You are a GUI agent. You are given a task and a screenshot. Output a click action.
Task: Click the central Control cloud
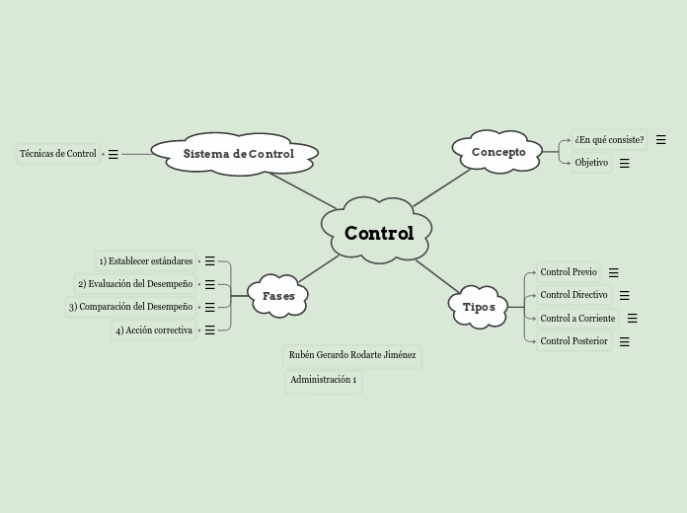click(x=378, y=234)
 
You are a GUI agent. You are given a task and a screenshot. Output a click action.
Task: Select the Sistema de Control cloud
click(x=238, y=154)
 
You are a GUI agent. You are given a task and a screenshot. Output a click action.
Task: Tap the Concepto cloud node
click(x=498, y=152)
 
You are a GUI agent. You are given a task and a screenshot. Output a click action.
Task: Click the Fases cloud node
click(x=278, y=296)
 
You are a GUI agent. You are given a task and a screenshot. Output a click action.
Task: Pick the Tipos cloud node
click(x=479, y=307)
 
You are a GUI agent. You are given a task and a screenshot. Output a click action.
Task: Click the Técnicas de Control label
click(x=58, y=154)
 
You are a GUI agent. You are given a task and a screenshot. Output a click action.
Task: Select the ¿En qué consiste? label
click(x=609, y=140)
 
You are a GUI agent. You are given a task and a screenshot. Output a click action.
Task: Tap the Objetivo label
click(x=591, y=163)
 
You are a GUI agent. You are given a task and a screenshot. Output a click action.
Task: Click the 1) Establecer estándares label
click(x=145, y=261)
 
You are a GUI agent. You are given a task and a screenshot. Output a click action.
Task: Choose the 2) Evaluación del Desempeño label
click(x=135, y=284)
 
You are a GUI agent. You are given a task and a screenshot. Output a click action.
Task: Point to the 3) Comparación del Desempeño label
click(x=130, y=307)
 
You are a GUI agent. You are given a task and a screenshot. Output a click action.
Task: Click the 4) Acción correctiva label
click(x=153, y=330)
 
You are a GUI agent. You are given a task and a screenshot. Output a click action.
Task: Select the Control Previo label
click(x=569, y=272)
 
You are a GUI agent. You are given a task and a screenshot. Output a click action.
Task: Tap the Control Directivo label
click(x=573, y=295)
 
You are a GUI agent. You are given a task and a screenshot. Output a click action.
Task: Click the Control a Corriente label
click(x=577, y=319)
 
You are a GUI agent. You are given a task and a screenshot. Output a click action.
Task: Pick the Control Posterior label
click(x=573, y=341)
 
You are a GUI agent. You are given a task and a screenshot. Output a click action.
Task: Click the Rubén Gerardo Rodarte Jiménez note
click(x=352, y=355)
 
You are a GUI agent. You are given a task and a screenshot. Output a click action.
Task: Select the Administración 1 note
click(x=323, y=380)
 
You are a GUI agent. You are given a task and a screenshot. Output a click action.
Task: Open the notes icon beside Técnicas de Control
click(x=114, y=154)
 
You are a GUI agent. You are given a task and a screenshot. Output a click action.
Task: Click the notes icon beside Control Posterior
click(x=625, y=342)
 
